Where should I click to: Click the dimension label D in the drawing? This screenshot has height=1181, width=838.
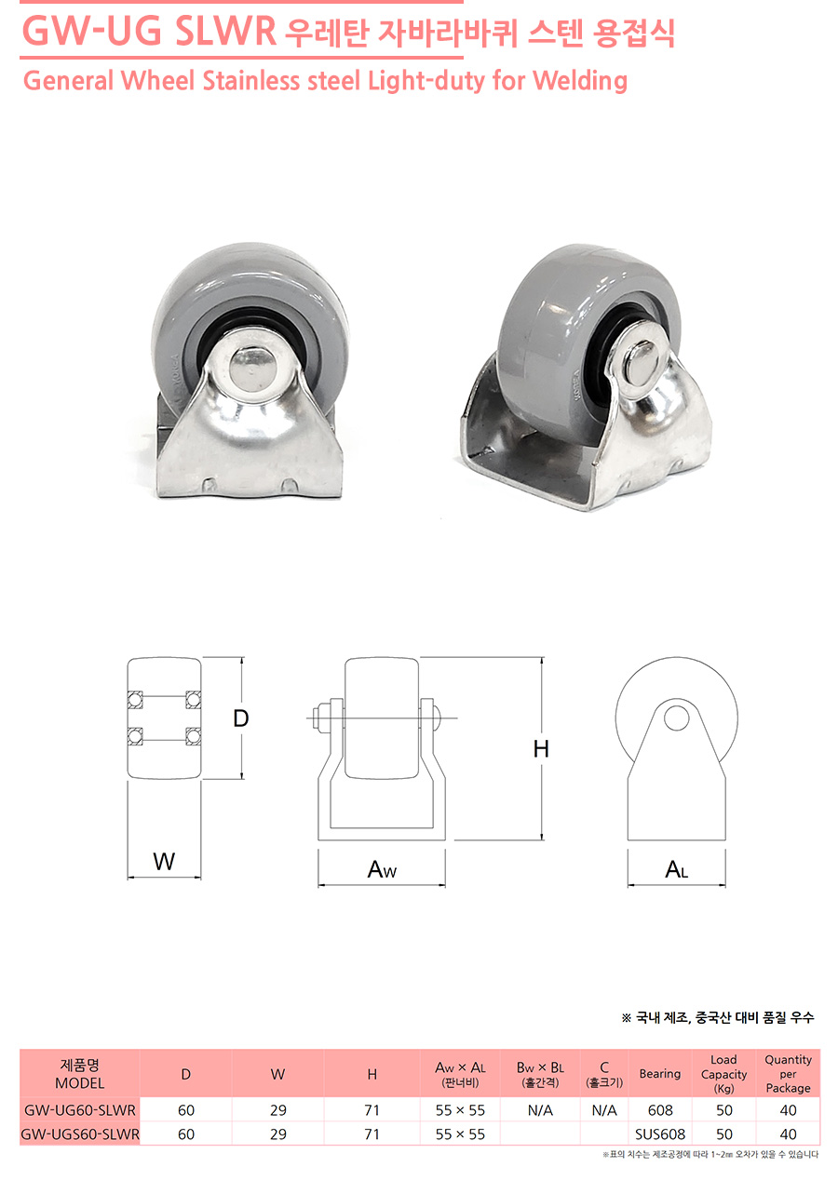coord(241,718)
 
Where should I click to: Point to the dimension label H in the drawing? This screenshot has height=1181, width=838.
coord(541,748)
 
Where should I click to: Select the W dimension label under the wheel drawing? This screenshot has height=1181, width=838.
coord(164,862)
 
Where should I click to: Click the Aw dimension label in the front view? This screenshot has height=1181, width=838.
coord(382,869)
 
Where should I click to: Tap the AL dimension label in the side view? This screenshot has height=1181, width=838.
coord(677,869)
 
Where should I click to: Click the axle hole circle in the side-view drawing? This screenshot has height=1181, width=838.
coord(677,718)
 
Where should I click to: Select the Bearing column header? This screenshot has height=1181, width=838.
coord(660,1073)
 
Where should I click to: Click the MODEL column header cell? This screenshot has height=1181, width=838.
coord(80,1074)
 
